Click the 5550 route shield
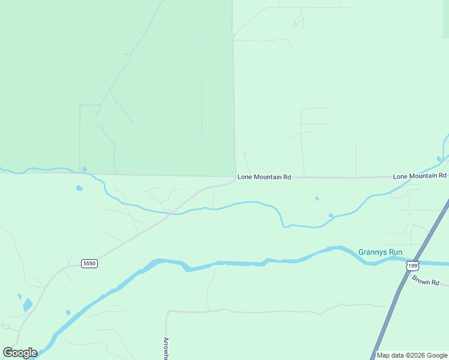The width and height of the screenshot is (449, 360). pyautogui.click(x=89, y=263)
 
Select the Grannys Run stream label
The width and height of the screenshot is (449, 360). pyautogui.click(x=380, y=252)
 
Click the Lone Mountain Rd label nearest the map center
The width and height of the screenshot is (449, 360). pyautogui.click(x=264, y=177)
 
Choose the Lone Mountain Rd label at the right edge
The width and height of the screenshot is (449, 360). pyautogui.click(x=420, y=176)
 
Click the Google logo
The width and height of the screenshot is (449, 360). pyautogui.click(x=20, y=353)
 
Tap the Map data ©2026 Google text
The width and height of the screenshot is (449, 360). pyautogui.click(x=412, y=355)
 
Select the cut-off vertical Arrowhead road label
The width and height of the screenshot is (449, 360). pyautogui.click(x=166, y=348)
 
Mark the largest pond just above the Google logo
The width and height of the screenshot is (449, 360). pyautogui.click(x=28, y=305)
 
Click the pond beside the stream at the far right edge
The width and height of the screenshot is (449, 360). pyautogui.click(x=439, y=159)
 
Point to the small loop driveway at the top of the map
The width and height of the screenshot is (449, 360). pyautogui.click(x=298, y=22)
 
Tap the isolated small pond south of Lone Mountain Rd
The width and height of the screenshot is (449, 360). pyautogui.click(x=316, y=199)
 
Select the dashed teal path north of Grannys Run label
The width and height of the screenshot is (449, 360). pyautogui.click(x=411, y=235)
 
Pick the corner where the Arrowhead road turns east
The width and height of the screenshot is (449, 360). pyautogui.click(x=167, y=312)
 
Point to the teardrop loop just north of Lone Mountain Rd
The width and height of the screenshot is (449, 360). pyautogui.click(x=245, y=155)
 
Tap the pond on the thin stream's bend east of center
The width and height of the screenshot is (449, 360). pyautogui.click(x=331, y=215)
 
